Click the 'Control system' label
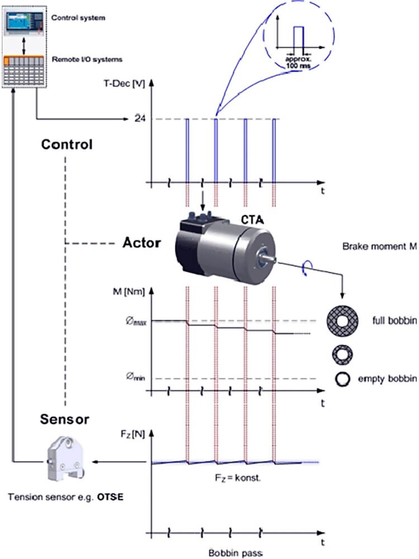pos(78,18)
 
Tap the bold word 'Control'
pos(66,144)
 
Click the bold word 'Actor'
pos(142,243)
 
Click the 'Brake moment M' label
pos(379,246)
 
